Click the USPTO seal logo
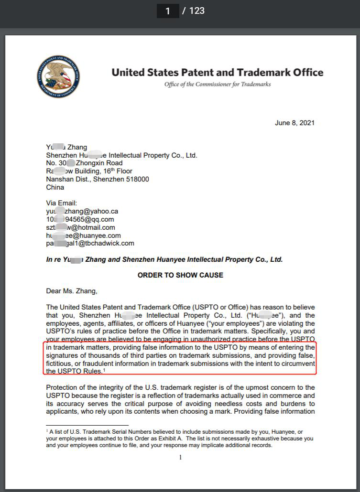click(58, 77)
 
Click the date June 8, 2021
click(295, 123)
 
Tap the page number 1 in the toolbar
click(168, 11)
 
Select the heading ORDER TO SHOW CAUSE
click(180, 275)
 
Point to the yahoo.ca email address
click(82, 211)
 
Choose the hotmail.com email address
click(80, 227)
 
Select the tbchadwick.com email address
click(90, 243)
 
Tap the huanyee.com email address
click(83, 235)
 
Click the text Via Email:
click(61, 203)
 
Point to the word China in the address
click(55, 187)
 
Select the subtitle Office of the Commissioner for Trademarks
click(218, 85)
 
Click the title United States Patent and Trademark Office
click(218, 73)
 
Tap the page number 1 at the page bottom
click(180, 457)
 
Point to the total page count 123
click(196, 11)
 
